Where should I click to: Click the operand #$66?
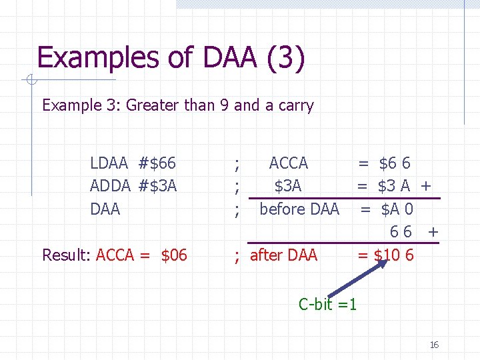(x=157, y=163)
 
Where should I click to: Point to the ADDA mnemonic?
(x=111, y=186)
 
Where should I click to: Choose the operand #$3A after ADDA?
(x=158, y=186)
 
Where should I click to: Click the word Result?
(x=66, y=255)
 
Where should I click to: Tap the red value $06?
(x=174, y=255)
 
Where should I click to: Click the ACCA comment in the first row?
(x=288, y=163)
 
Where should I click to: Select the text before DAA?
(x=299, y=209)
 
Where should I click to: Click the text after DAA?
(x=284, y=255)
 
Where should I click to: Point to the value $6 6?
(x=395, y=163)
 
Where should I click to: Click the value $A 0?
(x=397, y=209)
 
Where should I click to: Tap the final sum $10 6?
(x=394, y=255)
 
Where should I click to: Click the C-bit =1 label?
(x=327, y=305)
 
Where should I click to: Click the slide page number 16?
(x=434, y=345)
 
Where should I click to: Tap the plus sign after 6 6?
(x=433, y=232)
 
